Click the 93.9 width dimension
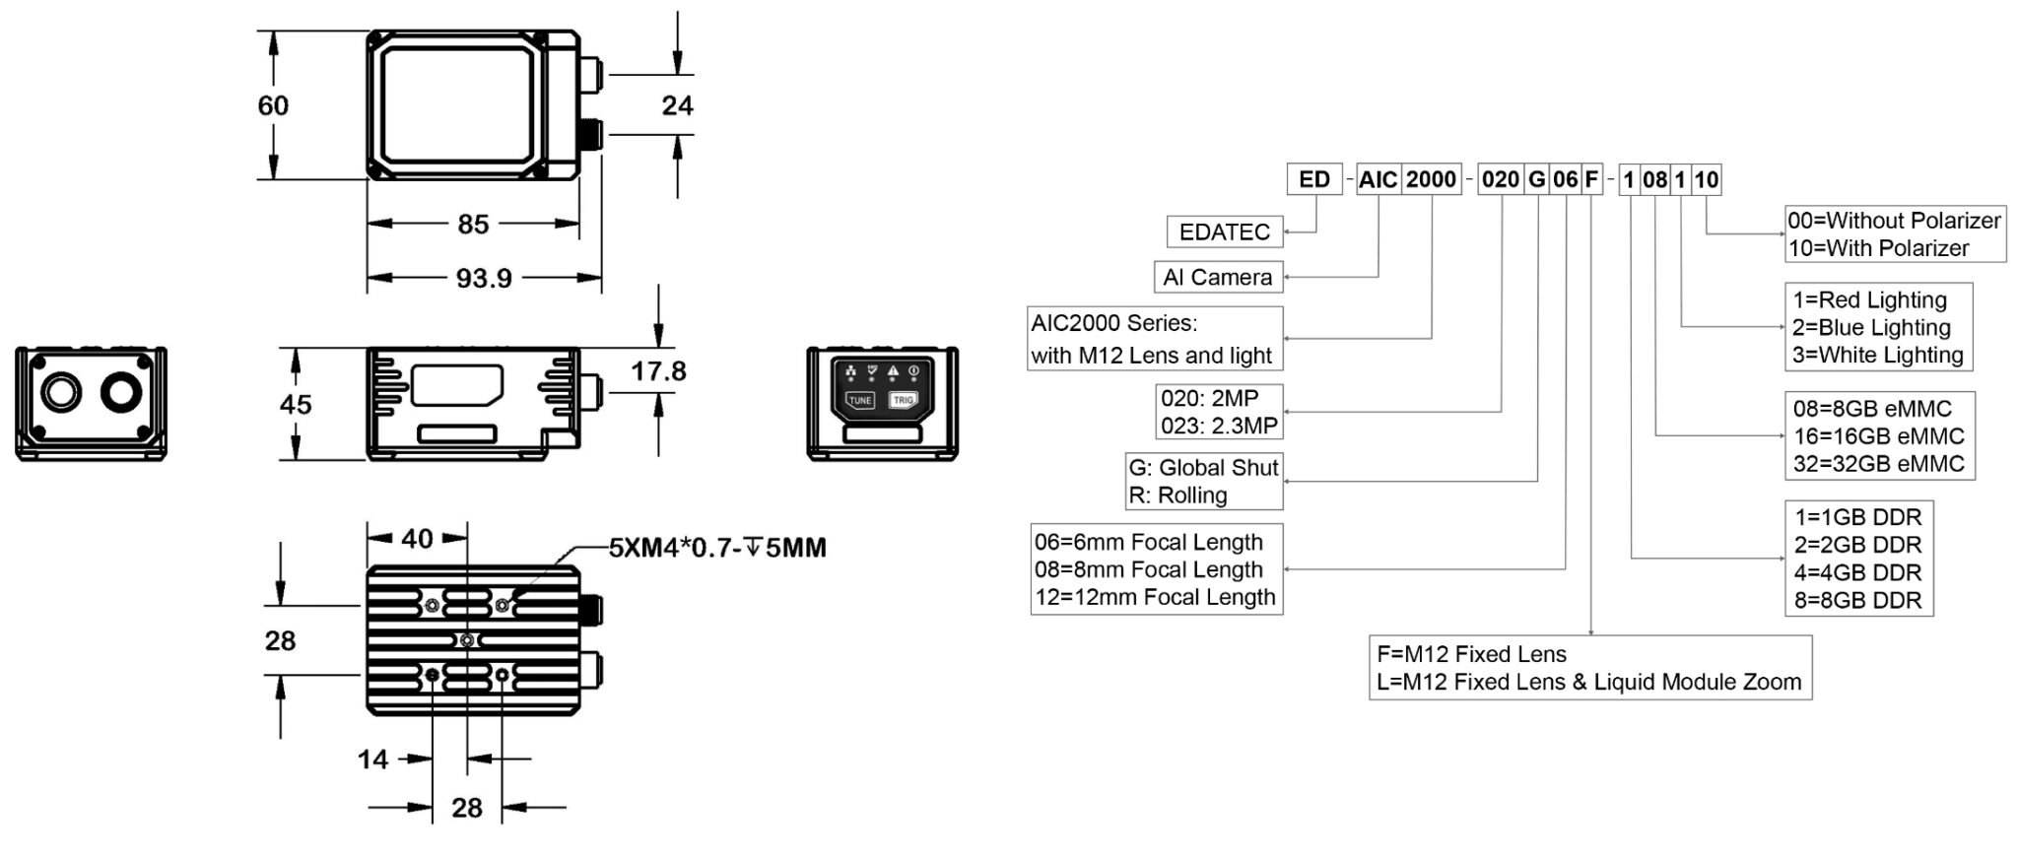483,279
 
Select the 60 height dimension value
273,105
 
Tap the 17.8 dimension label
658,371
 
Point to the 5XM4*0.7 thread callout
716,548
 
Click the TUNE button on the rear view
860,401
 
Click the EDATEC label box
1224,232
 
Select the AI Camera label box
1217,278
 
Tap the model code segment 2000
1431,179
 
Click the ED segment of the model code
1314,179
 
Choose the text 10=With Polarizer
1878,248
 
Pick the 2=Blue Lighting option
1871,328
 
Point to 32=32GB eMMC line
1878,464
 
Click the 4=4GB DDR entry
1857,573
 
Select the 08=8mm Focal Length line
1148,569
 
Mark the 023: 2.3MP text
1219,427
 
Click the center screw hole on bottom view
468,641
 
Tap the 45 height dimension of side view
296,405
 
